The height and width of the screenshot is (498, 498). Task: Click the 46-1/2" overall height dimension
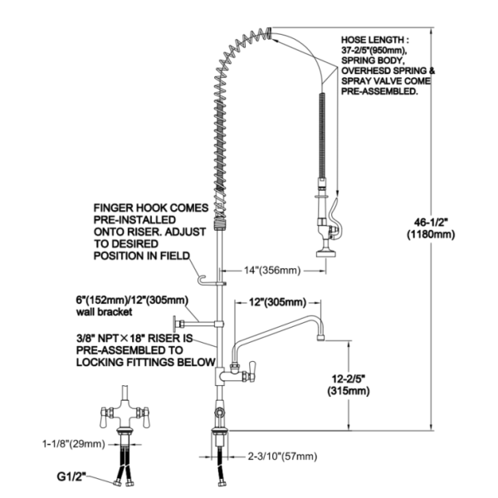pyautogui.click(x=431, y=222)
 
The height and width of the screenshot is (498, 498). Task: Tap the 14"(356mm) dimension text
pyautogui.click(x=272, y=271)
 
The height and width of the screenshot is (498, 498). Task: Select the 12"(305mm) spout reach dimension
pyautogui.click(x=277, y=302)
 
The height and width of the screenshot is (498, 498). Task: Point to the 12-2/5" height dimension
pyautogui.click(x=349, y=378)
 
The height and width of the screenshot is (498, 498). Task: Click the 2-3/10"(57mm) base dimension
pyautogui.click(x=282, y=456)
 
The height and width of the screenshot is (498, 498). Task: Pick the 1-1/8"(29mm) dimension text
pyautogui.click(x=74, y=444)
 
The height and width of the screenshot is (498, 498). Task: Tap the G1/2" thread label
pyautogui.click(x=71, y=476)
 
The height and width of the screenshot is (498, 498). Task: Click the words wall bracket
pyautogui.click(x=105, y=312)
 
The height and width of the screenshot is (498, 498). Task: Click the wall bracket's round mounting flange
pyautogui.click(x=174, y=325)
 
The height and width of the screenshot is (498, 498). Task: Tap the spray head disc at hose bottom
pyautogui.click(x=326, y=254)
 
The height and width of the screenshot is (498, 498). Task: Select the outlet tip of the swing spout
pyautogui.click(x=321, y=339)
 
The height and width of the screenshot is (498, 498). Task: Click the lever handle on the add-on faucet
pyautogui.click(x=252, y=369)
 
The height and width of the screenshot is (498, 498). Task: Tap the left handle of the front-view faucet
pyautogui.click(x=103, y=417)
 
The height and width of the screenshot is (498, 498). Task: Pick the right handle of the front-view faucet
pyautogui.click(x=146, y=417)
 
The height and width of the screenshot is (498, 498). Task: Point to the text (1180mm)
pyautogui.click(x=431, y=234)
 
